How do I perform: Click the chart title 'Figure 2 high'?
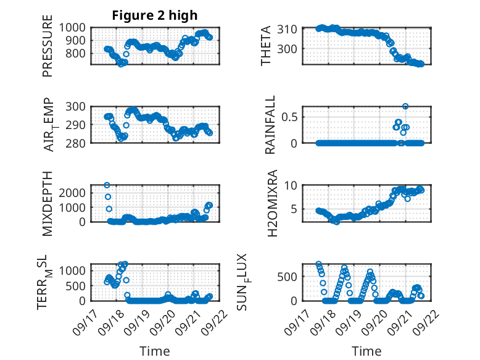(x=155, y=15)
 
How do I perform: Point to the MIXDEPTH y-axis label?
(x=48, y=203)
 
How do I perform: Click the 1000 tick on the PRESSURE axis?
(x=75, y=28)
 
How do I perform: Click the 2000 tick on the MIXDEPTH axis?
(x=75, y=193)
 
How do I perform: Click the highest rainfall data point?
(x=405, y=106)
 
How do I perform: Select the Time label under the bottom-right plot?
(x=366, y=351)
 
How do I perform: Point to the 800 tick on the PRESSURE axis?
(x=78, y=54)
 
